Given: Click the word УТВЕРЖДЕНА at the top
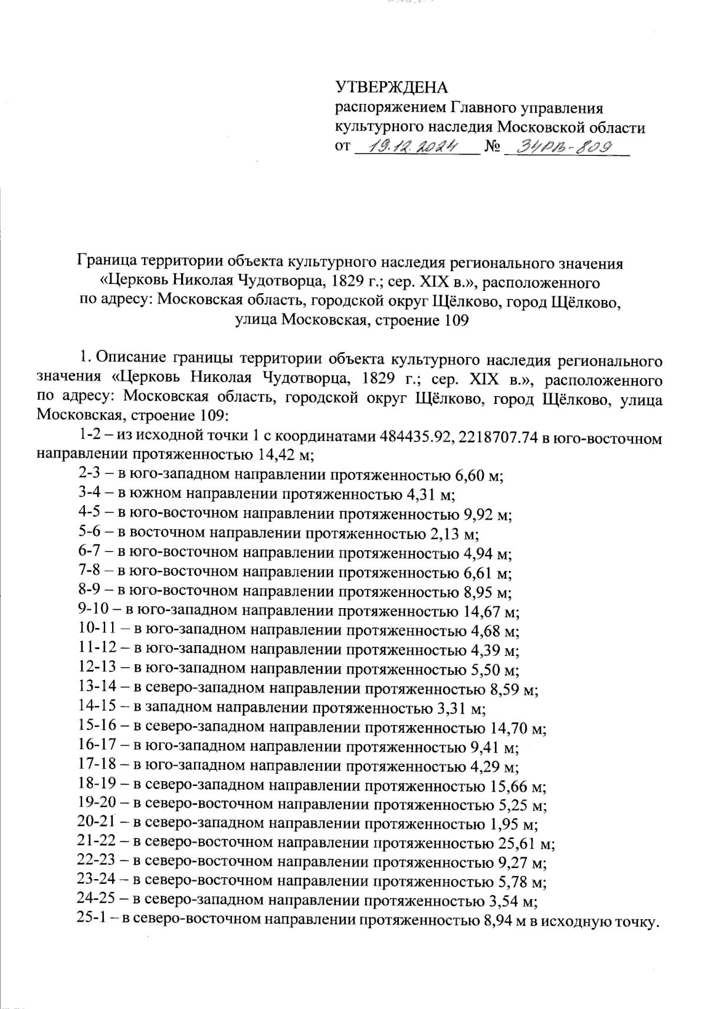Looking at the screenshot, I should [392, 89].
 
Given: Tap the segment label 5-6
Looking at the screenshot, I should [90, 533].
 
